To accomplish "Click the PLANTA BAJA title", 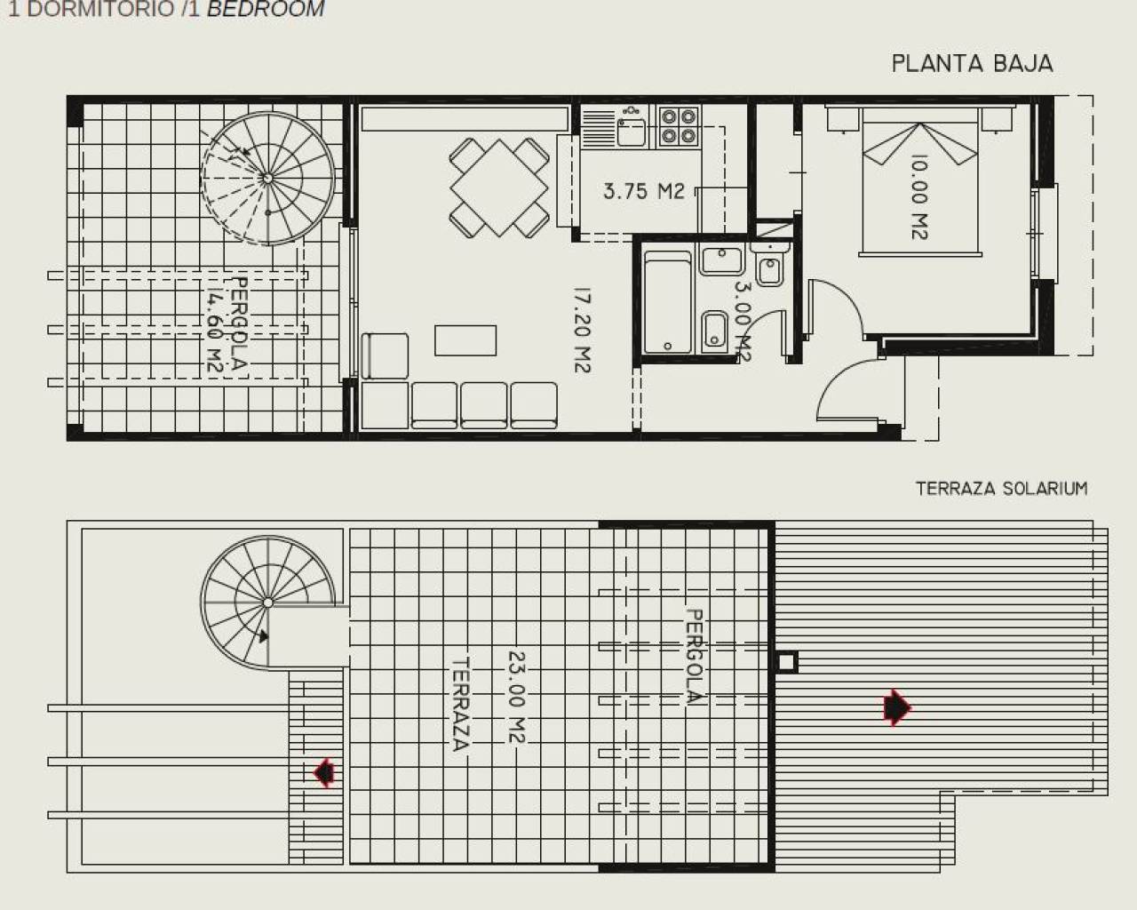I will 972,64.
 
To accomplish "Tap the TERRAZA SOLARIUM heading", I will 1001,488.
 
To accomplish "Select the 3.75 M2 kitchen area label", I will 644,190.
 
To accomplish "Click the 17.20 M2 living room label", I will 581,329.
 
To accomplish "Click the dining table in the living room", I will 498,187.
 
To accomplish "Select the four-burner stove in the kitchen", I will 679,125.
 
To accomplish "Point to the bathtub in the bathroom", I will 667,303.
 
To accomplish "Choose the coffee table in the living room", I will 465,339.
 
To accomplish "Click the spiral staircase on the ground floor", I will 268,178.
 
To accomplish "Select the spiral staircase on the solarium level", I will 266,603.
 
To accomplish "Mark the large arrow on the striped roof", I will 897,707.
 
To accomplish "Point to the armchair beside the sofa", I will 386,355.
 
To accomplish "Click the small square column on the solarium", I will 786,662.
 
